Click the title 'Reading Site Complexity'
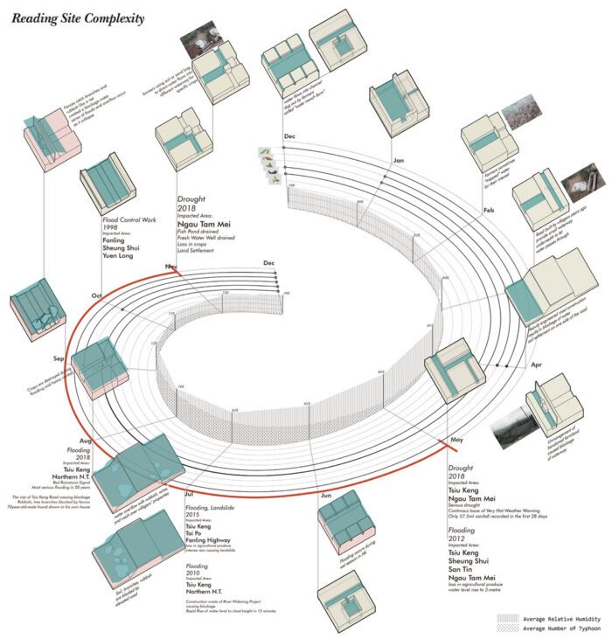pos(78,18)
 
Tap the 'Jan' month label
pos(399,161)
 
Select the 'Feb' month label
pos(488,211)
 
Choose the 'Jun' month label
pos(327,496)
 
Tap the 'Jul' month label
pos(189,495)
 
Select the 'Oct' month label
pos(95,294)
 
